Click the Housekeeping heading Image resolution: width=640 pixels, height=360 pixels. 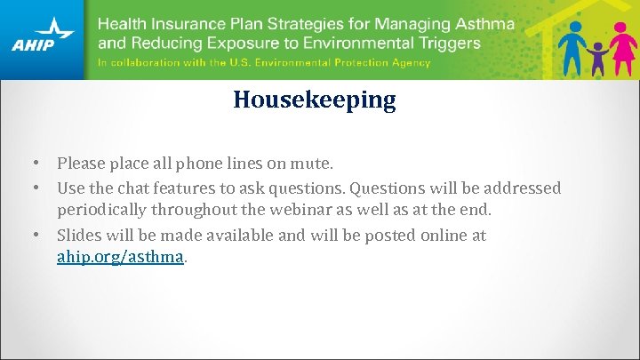coord(315,100)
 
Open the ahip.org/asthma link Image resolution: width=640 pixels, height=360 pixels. coord(121,257)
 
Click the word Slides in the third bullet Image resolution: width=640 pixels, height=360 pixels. coord(77,236)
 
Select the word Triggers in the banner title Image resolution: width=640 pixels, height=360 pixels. coord(446,42)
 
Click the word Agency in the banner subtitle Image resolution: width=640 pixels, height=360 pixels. coord(410,63)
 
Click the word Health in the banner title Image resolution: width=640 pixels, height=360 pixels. coord(122,23)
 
